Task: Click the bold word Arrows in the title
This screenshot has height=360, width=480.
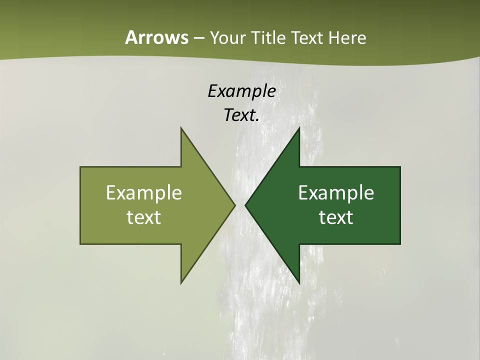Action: click(x=156, y=37)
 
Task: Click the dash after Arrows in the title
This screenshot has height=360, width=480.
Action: click(x=198, y=38)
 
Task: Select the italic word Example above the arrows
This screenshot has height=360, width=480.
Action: click(x=241, y=91)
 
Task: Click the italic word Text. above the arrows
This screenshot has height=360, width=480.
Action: click(x=241, y=115)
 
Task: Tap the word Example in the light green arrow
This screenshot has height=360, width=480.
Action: click(x=144, y=193)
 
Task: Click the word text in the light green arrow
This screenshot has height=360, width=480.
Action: click(x=144, y=217)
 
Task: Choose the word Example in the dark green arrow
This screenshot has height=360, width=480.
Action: click(x=336, y=193)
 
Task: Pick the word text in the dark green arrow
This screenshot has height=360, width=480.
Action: click(x=336, y=217)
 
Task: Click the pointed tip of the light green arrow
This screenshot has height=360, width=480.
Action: click(x=235, y=205)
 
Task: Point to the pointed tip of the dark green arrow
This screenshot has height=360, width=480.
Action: click(x=245, y=205)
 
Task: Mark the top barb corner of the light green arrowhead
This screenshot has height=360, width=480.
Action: click(x=181, y=127)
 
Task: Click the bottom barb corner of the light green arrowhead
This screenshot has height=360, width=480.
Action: click(x=181, y=283)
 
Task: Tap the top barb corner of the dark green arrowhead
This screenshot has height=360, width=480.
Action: click(x=299, y=127)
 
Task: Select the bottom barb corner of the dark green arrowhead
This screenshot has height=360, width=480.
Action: click(x=299, y=283)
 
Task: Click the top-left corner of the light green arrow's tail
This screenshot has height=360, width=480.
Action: click(x=80, y=167)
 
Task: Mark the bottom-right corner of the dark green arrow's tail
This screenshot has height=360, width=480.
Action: click(x=400, y=244)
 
